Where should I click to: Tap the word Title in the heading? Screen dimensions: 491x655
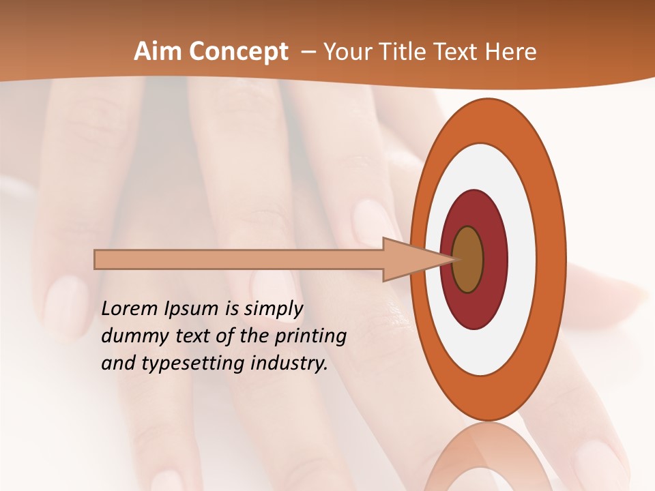(x=397, y=52)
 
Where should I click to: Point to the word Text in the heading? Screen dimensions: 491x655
(x=455, y=52)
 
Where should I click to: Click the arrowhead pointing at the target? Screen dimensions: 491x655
(x=409, y=260)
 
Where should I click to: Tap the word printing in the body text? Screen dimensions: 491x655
(x=310, y=337)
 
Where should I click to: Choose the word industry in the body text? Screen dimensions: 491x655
(x=287, y=364)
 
